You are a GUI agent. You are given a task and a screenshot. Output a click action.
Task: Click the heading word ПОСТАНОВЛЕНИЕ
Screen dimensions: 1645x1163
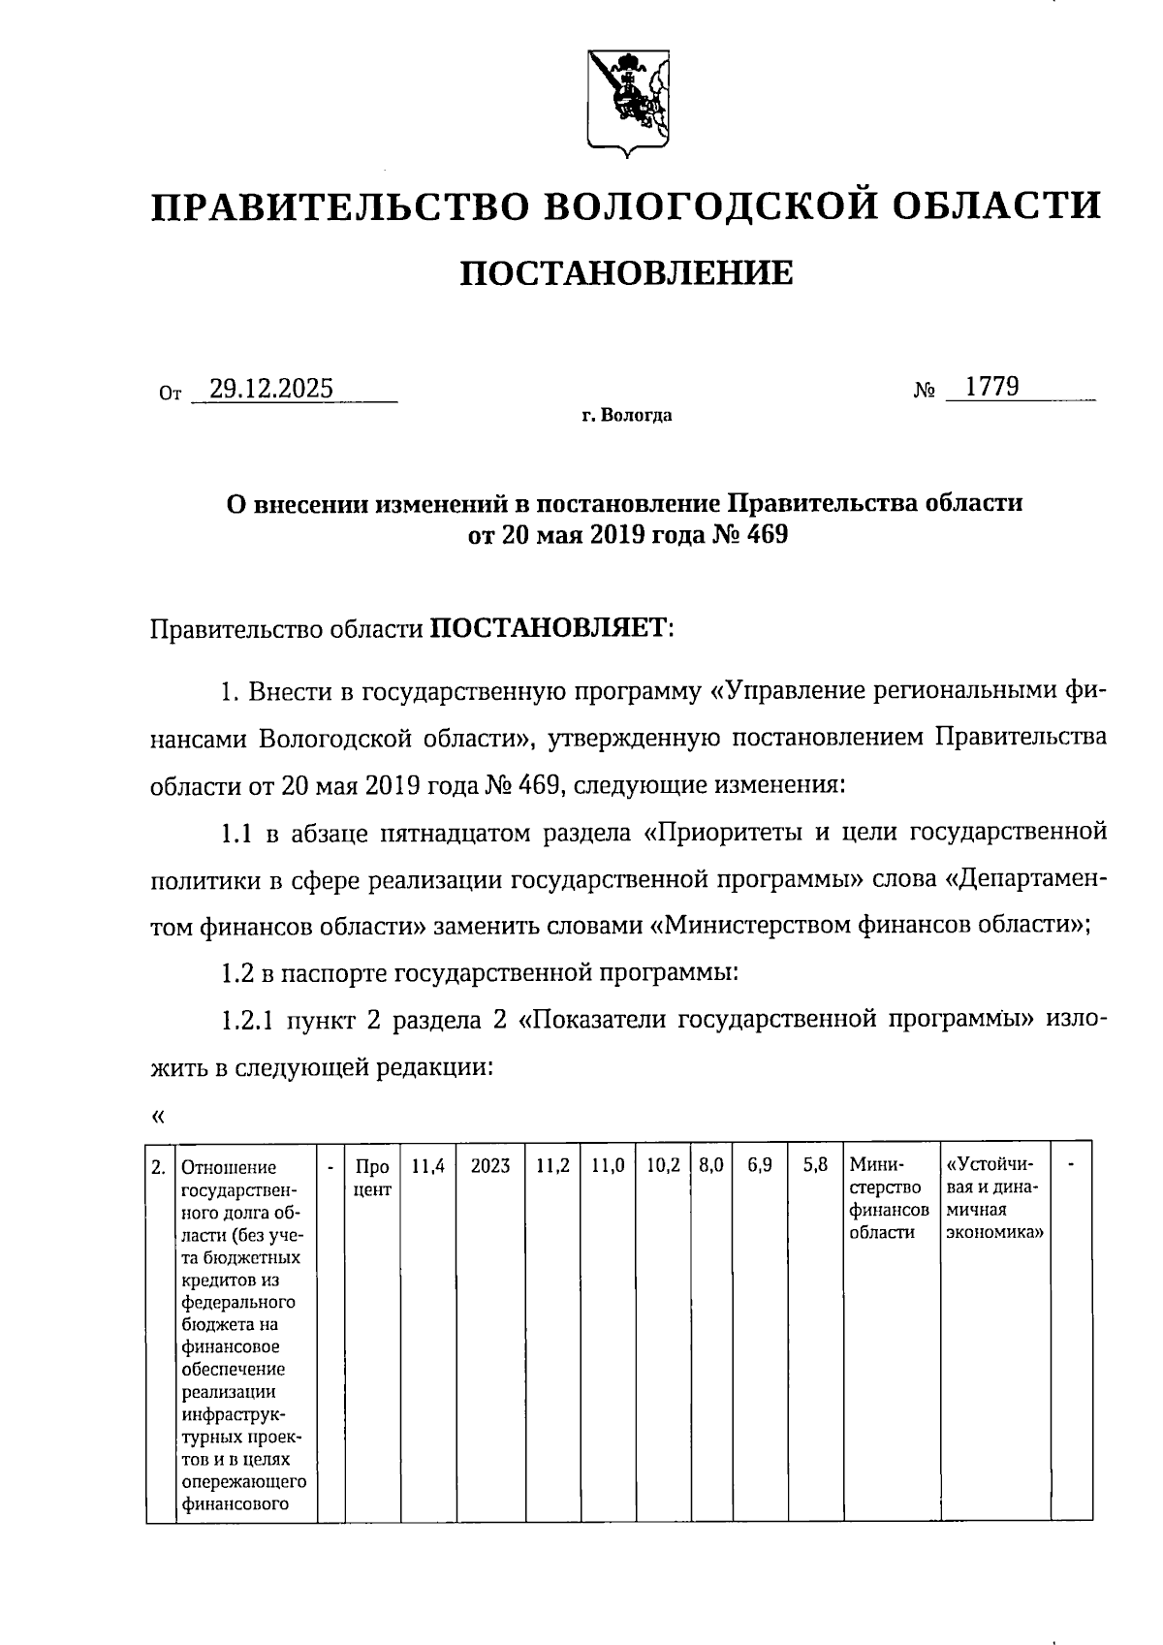pyautogui.click(x=625, y=274)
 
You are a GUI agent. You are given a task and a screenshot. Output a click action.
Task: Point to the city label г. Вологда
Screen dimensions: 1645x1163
pyautogui.click(x=626, y=417)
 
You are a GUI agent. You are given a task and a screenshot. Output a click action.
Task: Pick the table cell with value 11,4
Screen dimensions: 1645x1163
pyautogui.click(x=427, y=1166)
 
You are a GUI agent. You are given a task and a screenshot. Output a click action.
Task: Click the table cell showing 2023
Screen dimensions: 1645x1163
pyautogui.click(x=490, y=1166)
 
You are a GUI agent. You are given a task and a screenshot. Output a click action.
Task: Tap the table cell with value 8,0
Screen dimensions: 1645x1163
pyautogui.click(x=710, y=1166)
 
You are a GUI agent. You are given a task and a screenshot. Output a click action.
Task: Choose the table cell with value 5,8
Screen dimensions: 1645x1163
pyautogui.click(x=815, y=1166)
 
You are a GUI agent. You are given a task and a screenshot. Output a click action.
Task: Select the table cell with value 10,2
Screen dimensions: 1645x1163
pyautogui.click(x=664, y=1166)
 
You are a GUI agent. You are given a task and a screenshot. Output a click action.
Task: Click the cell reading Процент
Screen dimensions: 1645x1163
pyautogui.click(x=372, y=1177)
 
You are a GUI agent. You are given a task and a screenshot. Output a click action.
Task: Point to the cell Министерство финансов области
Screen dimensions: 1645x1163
pyautogui.click(x=889, y=1199)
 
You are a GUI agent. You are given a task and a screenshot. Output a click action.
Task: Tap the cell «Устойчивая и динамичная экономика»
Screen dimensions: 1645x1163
pyautogui.click(x=994, y=1199)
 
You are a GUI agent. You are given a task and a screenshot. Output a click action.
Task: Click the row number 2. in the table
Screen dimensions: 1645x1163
pyautogui.click(x=159, y=1167)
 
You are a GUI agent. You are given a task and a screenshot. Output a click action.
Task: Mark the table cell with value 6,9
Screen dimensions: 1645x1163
pyautogui.click(x=760, y=1166)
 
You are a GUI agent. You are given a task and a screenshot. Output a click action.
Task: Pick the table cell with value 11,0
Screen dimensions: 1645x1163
pyautogui.click(x=608, y=1166)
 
